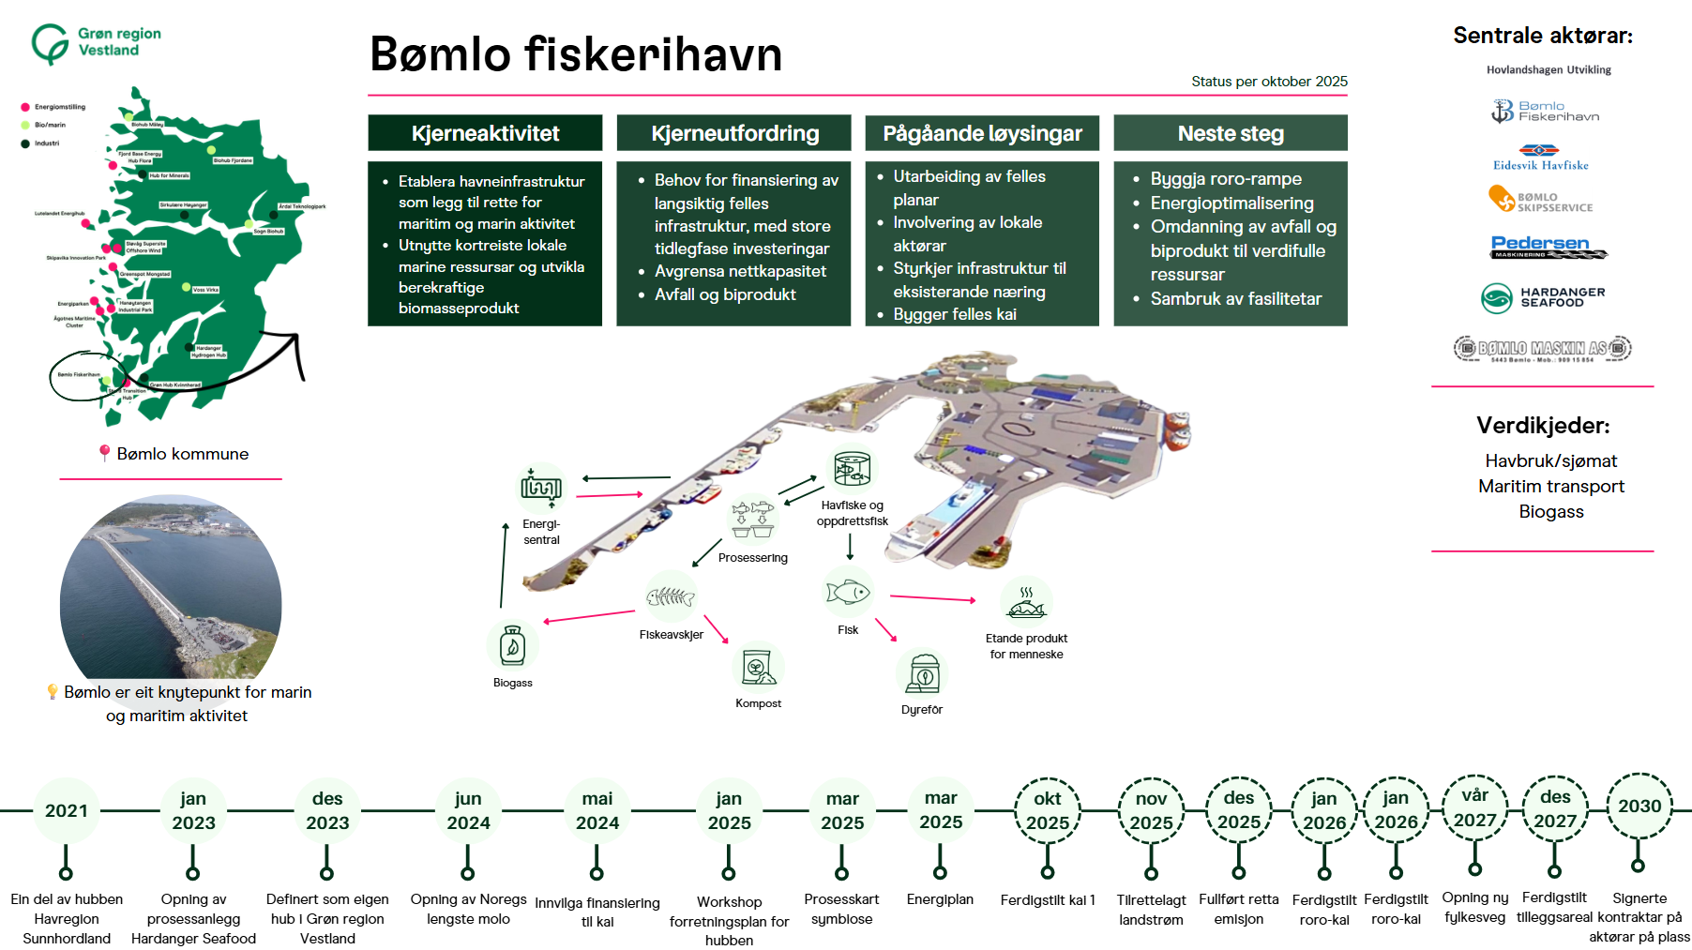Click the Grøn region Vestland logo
pos(96,43)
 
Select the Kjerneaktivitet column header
pos(485,133)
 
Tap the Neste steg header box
pos(1230,133)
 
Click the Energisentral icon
pos(541,488)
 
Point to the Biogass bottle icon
pos(512,645)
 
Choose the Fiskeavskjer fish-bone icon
pos(671,596)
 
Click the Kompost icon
pos(757,667)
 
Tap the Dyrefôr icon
pos(923,672)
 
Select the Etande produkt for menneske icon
pos(1026,604)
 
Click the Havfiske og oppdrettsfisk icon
pos(853,468)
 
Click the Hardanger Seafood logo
pos(1543,297)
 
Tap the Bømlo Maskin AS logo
pos(1542,349)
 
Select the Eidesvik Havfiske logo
pos(1540,157)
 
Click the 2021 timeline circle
pos(66,810)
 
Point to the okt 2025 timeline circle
pos(1048,810)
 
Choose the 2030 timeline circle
pos(1639,806)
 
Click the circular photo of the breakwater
pos(171,590)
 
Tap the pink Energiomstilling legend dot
pos(25,107)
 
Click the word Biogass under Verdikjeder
pos(1550,512)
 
